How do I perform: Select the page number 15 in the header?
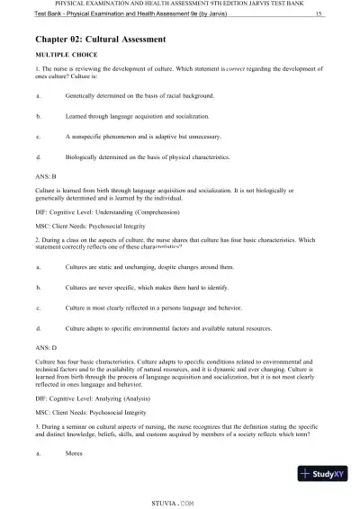tap(319, 14)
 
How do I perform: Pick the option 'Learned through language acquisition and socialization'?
tap(137, 116)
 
